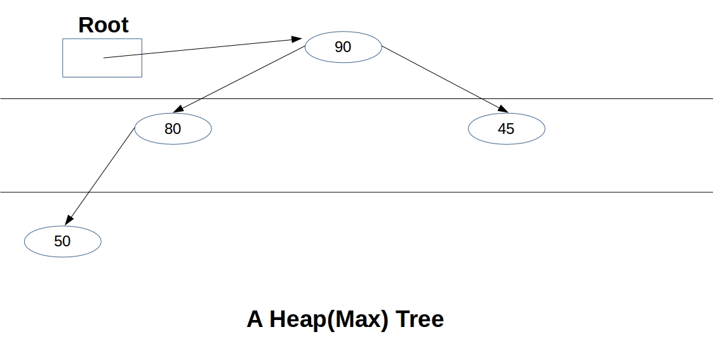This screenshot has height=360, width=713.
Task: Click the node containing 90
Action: [x=343, y=47]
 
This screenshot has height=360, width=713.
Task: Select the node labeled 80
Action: [x=173, y=129]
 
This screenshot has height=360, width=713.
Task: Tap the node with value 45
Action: [x=506, y=129]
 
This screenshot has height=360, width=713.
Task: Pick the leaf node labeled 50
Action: [x=62, y=241]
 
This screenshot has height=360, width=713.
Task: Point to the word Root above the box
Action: [x=103, y=25]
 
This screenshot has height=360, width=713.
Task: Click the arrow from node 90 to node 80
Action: [x=241, y=79]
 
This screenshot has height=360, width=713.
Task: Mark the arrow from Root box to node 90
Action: [x=203, y=48]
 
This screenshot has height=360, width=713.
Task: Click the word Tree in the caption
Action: [x=420, y=319]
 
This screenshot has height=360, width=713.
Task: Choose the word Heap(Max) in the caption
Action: [x=328, y=319]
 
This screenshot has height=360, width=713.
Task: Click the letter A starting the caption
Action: [x=255, y=319]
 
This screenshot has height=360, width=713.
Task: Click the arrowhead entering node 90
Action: [x=297, y=39]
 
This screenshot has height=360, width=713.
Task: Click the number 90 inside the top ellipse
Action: [x=343, y=47]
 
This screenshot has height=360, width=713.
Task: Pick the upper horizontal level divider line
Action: [x=603, y=98]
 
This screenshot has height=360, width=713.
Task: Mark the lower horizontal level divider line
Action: [x=381, y=192]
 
